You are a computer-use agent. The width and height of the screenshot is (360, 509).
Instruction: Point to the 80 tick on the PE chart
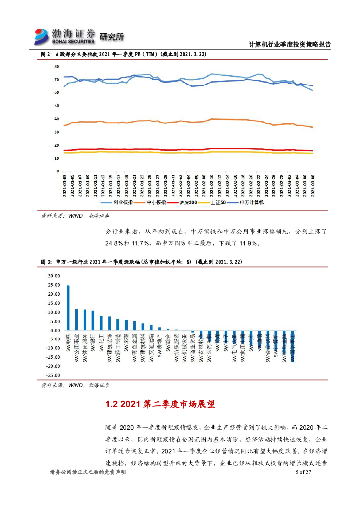[x=57, y=67]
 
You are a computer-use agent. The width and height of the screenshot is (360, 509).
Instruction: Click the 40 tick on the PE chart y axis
[x=57, y=119]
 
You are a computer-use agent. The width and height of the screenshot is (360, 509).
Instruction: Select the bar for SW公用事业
[x=77, y=320]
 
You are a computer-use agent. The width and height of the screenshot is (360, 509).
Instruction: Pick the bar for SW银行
[x=93, y=321]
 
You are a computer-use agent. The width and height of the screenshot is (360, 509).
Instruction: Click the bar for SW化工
[x=101, y=323]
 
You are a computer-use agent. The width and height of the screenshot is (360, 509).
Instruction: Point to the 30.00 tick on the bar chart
[x=53, y=276]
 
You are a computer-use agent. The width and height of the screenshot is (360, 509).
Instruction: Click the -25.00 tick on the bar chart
[x=52, y=376]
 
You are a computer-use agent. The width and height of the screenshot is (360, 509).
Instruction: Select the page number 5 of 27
[x=302, y=472]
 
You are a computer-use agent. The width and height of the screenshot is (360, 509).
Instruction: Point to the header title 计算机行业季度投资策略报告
[x=289, y=44]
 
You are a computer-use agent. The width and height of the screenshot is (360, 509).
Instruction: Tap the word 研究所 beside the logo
[x=111, y=37]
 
